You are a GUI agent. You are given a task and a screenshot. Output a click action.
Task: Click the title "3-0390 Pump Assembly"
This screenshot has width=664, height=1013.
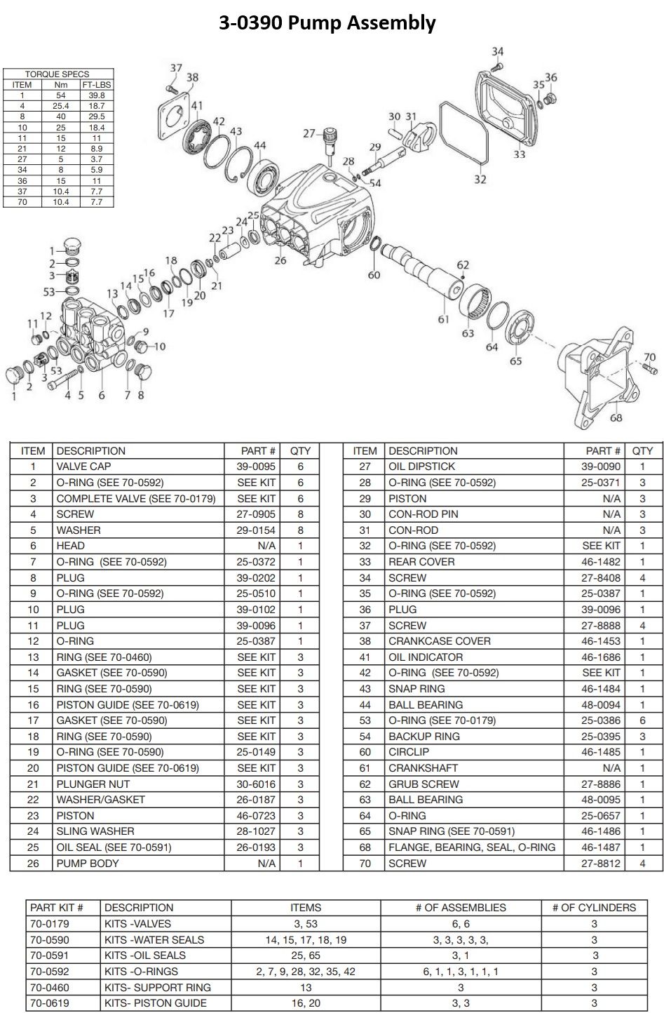coord(327,23)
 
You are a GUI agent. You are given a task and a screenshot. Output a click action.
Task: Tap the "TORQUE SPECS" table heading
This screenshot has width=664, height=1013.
coord(57,74)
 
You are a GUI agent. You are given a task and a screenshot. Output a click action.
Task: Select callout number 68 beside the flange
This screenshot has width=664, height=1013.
coord(616,418)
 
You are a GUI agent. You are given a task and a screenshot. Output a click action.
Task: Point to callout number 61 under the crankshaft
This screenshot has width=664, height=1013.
coord(443,319)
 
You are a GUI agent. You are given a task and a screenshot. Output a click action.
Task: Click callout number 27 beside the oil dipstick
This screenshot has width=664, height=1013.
coord(309,133)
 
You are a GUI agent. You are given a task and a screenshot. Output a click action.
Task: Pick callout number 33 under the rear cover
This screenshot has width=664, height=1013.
coord(519,154)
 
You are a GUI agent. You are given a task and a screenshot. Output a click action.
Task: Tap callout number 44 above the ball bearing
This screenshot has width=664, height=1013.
coord(259,146)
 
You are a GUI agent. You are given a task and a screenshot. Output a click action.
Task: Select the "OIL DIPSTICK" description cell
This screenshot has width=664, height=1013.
coord(421,467)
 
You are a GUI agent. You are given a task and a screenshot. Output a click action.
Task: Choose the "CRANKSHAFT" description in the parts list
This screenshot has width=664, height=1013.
coord(423,768)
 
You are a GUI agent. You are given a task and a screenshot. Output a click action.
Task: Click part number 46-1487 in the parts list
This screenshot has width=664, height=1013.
coord(601,847)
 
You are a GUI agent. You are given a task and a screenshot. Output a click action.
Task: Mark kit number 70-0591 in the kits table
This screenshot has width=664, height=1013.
coord(50,955)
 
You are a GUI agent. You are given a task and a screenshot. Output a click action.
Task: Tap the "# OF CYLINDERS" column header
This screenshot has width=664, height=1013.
coord(594,908)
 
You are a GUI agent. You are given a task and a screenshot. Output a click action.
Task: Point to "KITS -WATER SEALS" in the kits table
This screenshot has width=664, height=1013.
coord(154,940)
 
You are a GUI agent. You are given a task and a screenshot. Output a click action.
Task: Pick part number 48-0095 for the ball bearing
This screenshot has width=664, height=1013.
coord(601,800)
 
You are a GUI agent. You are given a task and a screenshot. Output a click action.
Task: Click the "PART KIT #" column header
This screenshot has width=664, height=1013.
coord(57,908)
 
